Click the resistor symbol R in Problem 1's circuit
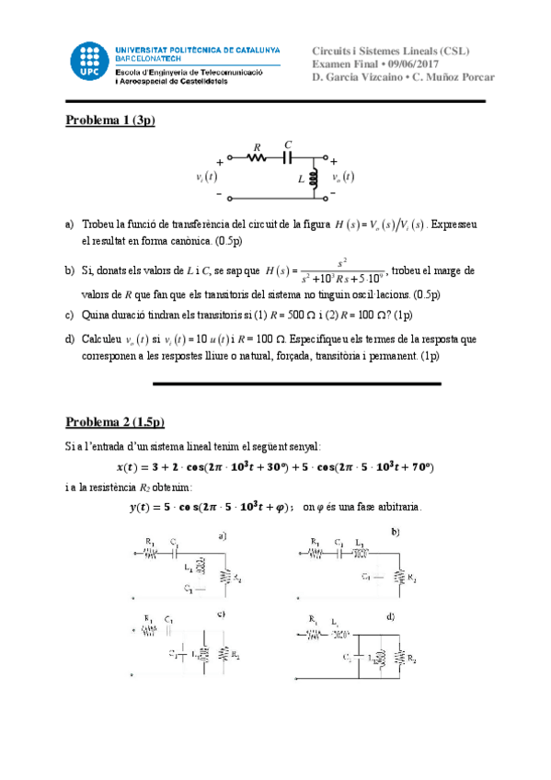258,157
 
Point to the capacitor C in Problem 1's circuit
288,156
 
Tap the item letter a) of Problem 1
70,224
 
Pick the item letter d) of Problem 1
70,338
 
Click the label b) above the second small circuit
395,533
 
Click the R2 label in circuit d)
414,659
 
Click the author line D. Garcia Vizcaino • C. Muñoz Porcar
403,76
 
